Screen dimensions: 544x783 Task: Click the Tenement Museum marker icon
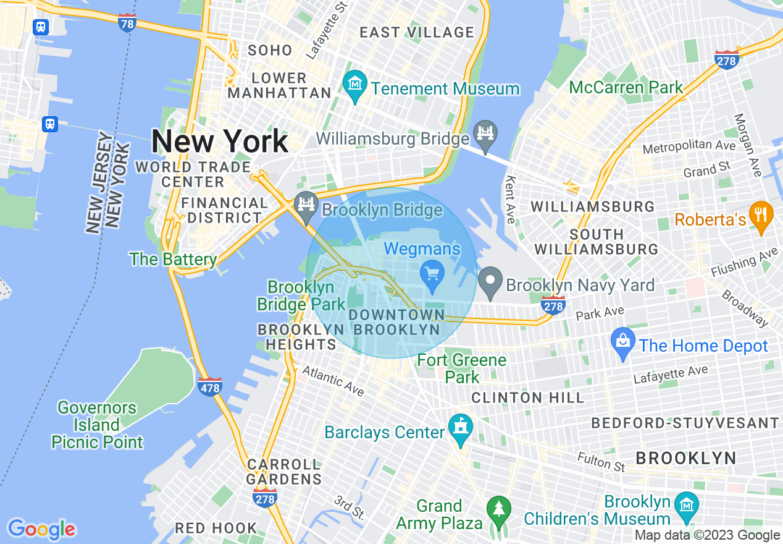coord(356,82)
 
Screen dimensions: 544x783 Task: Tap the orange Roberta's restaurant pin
coord(761,215)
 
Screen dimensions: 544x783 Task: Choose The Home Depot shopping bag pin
coord(623,342)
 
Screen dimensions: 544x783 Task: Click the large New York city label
coord(219,142)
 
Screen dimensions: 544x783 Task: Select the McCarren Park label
coord(626,87)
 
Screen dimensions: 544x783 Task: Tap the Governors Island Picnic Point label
coord(97,425)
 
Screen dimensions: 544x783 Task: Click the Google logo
coord(41,529)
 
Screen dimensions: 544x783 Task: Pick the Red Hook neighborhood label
coord(216,528)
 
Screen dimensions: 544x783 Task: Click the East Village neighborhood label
coord(417,32)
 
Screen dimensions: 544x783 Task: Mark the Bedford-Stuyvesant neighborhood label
coord(685,423)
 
